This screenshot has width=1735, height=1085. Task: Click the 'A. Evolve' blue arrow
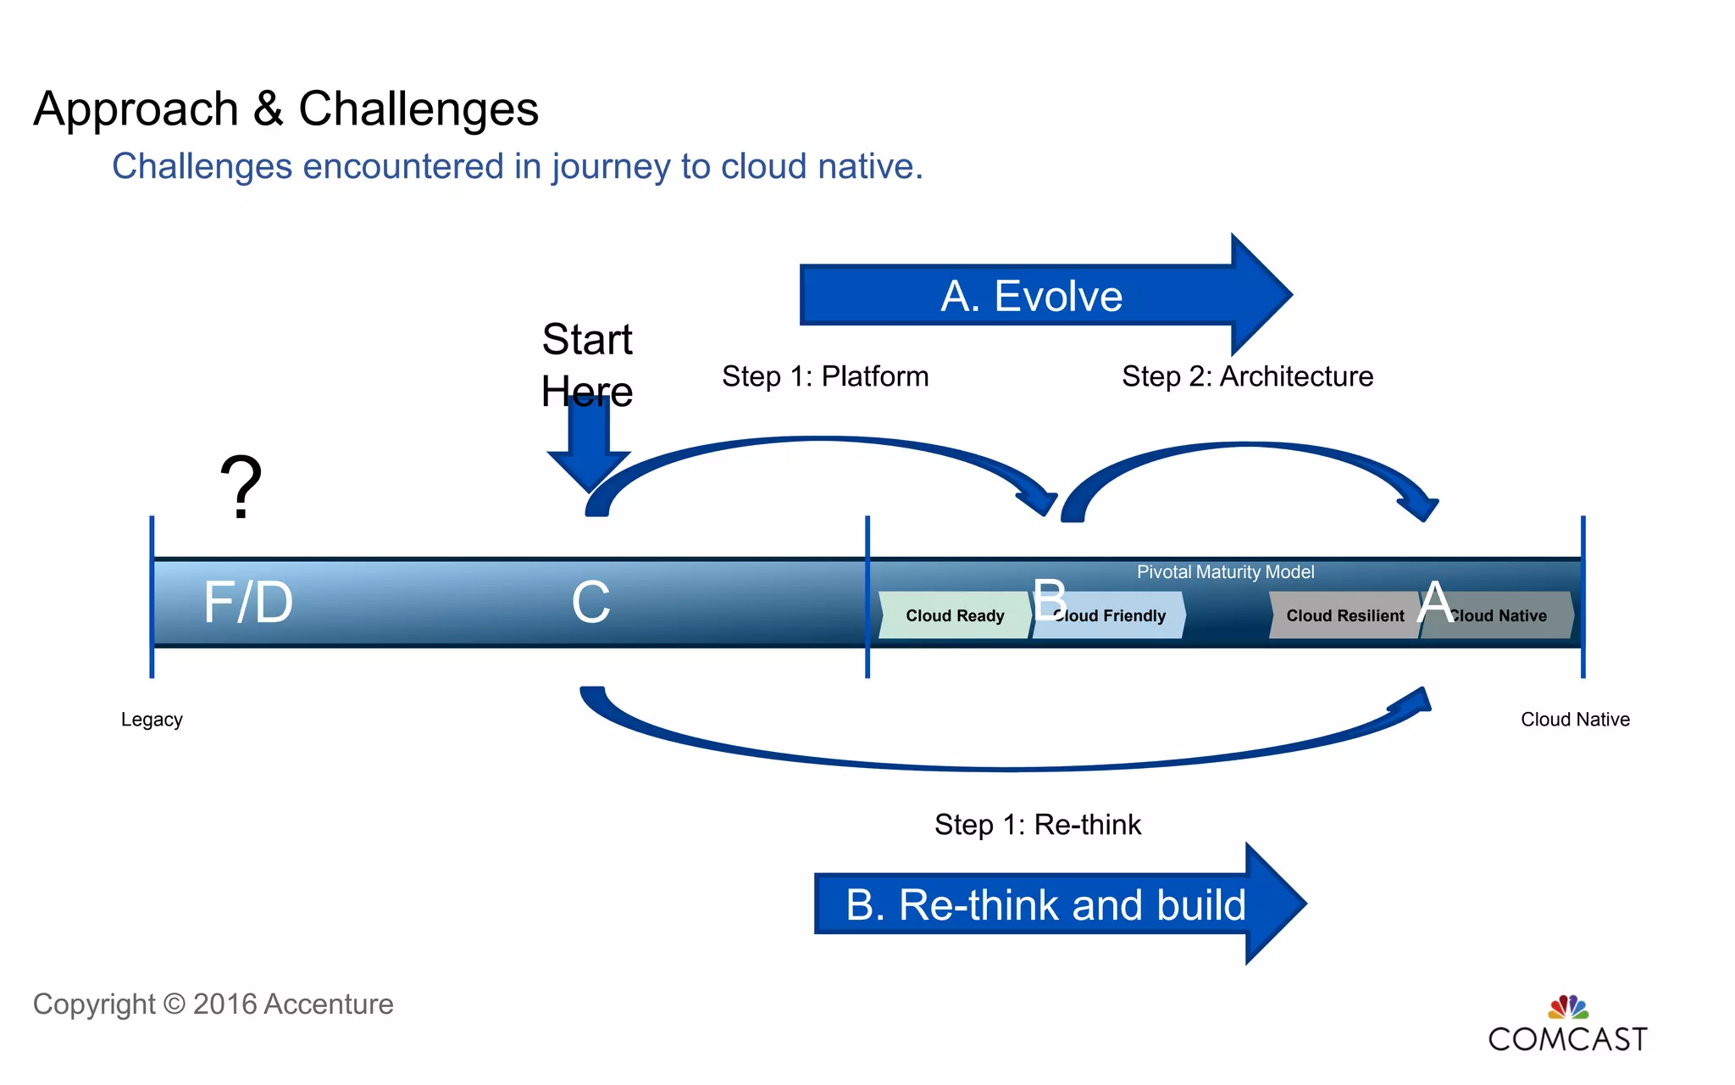(1032, 296)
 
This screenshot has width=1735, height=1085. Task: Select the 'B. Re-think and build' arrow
(1045, 904)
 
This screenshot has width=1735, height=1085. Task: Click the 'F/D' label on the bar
(247, 603)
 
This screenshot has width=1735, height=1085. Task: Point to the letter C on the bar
(590, 603)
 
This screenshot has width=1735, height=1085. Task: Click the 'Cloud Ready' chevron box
(955, 615)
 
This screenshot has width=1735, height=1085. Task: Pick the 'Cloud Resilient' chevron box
(1344, 615)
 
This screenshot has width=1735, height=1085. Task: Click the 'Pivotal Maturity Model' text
(1225, 572)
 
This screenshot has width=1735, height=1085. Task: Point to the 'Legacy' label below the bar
(152, 720)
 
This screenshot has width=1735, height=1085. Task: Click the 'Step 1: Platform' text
(825, 376)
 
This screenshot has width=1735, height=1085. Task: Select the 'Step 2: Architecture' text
(1247, 376)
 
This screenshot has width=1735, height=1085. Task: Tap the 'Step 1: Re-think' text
(1038, 825)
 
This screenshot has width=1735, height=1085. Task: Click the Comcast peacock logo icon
(1568, 1007)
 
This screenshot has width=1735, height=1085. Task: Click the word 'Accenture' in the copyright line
(329, 1004)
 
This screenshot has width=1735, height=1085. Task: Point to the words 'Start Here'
(587, 364)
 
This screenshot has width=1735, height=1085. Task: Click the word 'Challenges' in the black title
(419, 109)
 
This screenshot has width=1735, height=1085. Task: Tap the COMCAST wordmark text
(1567, 1040)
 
